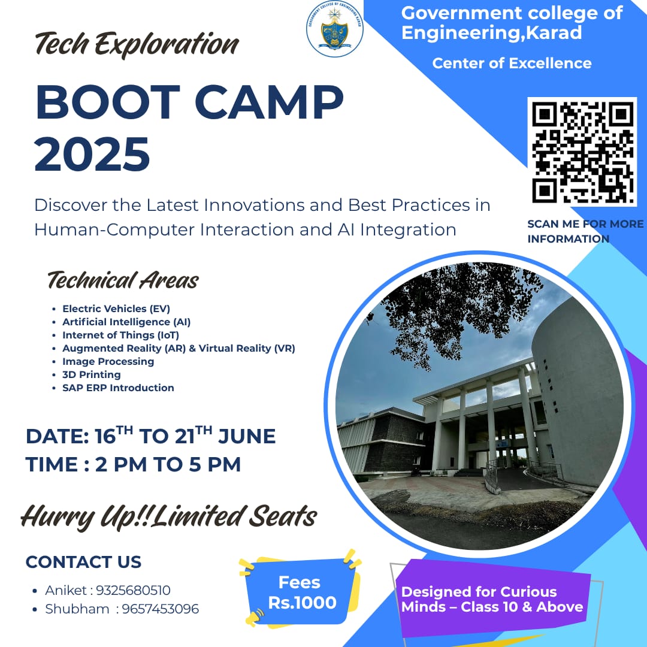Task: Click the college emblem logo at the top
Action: (x=335, y=29)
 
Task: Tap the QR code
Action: (x=582, y=152)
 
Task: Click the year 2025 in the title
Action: (x=92, y=155)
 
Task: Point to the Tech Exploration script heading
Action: (x=137, y=44)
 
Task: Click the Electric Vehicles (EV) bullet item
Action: (x=116, y=309)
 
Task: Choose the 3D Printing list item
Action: (x=92, y=374)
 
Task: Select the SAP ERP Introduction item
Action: (x=118, y=388)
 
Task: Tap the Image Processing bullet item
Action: (x=108, y=361)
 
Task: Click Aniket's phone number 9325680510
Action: (x=133, y=591)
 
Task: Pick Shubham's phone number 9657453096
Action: (x=161, y=609)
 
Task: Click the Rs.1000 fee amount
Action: (x=303, y=603)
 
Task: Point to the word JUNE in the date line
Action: (x=247, y=437)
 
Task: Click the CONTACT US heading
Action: (x=83, y=562)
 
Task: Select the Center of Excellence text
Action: (x=512, y=64)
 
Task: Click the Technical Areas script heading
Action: (x=123, y=280)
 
